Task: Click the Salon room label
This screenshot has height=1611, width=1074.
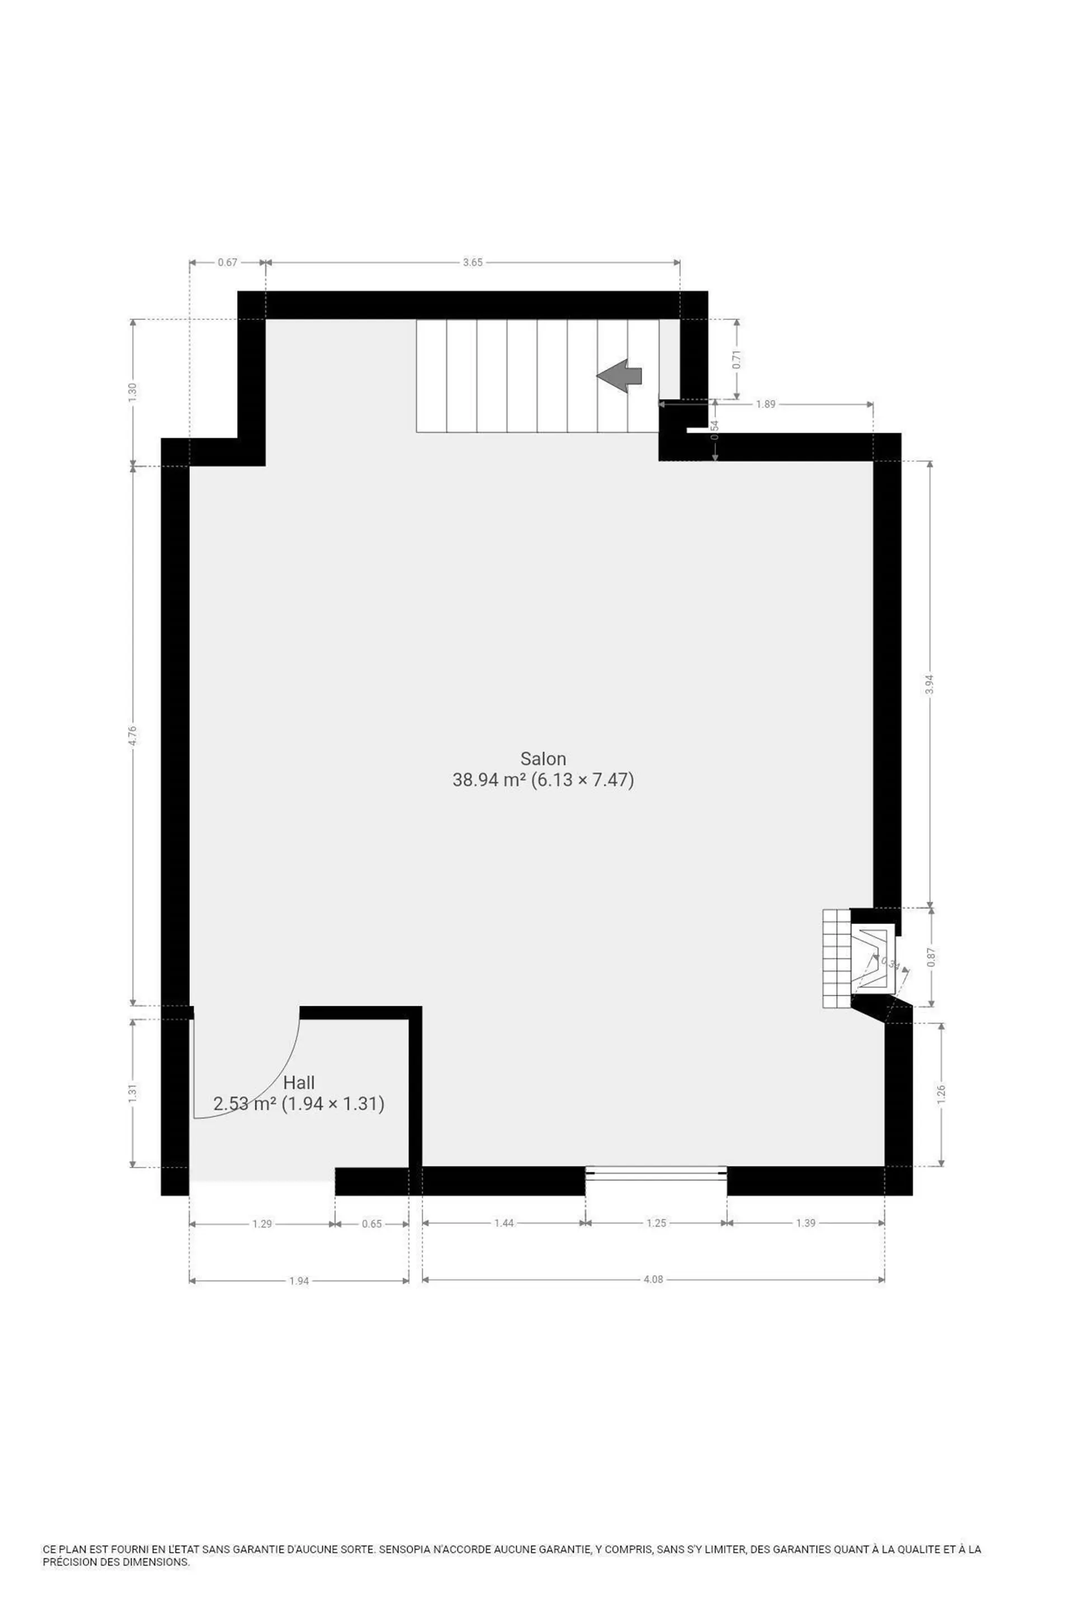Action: click(543, 759)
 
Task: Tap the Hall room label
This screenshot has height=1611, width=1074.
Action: click(299, 1082)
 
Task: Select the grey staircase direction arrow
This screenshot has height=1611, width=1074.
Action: click(619, 375)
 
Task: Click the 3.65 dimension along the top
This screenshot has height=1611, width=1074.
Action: click(473, 262)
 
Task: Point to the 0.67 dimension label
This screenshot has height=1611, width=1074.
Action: click(228, 262)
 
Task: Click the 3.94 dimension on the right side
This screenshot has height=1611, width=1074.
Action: click(930, 684)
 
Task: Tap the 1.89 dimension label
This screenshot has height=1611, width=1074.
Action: click(765, 404)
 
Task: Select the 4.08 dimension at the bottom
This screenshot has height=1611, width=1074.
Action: click(653, 1279)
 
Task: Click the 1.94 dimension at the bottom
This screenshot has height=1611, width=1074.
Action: click(299, 1280)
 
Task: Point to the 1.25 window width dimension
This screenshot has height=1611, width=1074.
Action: click(656, 1223)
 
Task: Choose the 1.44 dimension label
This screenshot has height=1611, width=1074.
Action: click(504, 1223)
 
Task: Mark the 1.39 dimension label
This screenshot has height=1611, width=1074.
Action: click(805, 1223)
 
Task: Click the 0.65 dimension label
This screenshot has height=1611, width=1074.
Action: click(372, 1223)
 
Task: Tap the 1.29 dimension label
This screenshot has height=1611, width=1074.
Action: click(262, 1223)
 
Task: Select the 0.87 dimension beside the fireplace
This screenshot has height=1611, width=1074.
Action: click(930, 957)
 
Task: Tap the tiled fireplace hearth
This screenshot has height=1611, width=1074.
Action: click(836, 958)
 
